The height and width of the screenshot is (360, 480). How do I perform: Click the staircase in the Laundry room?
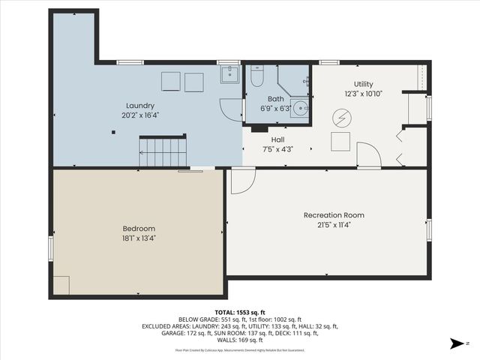(163, 152)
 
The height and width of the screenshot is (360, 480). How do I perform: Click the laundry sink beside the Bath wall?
(229, 74)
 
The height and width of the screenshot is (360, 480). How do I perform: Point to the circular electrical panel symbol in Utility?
(342, 118)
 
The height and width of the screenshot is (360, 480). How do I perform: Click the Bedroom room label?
(139, 228)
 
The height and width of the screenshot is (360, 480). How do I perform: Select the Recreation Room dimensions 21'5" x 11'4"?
(334, 223)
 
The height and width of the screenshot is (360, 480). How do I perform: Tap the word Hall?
(277, 139)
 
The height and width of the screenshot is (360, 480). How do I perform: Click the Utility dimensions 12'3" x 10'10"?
(363, 94)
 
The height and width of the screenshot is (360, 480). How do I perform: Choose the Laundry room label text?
(140, 106)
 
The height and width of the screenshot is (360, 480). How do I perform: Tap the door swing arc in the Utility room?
(369, 155)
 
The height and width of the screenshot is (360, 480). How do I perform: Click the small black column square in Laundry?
(113, 133)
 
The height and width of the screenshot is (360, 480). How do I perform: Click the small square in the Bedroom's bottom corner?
(61, 285)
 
